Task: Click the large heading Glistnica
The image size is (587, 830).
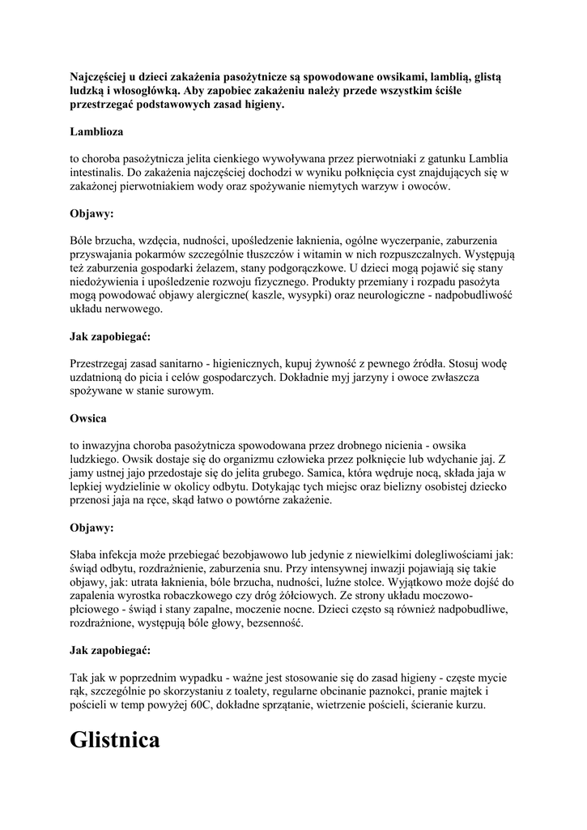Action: (x=115, y=740)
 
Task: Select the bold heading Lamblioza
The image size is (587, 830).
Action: (x=97, y=130)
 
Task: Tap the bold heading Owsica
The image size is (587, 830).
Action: (x=88, y=419)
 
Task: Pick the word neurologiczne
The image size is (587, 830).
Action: (x=379, y=295)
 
